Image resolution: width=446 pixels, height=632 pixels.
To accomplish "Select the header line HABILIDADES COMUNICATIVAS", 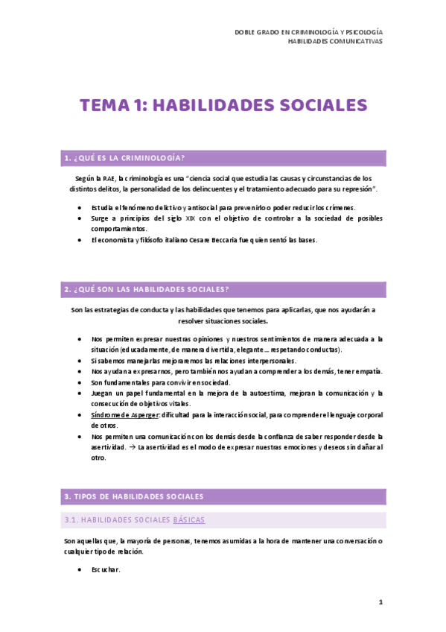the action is [x=335, y=42].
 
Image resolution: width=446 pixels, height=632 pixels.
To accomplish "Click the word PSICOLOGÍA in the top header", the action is [x=365, y=32].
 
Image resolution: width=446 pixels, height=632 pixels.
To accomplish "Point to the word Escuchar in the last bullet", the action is [x=105, y=570].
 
